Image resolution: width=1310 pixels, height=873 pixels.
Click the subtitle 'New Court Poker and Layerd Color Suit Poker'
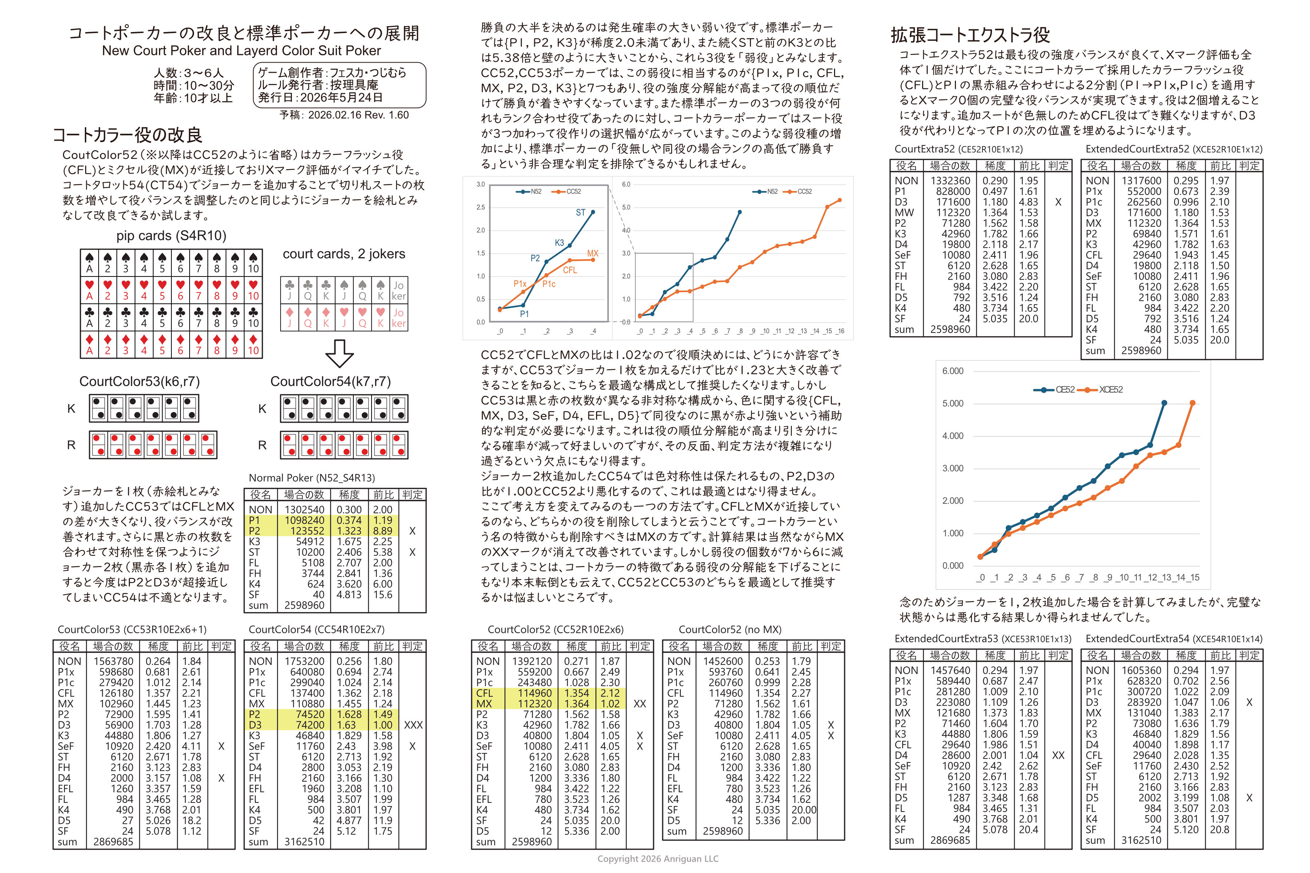point(241,51)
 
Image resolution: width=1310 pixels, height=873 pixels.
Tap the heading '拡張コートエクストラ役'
point(970,35)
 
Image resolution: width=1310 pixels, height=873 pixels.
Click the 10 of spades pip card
point(253,263)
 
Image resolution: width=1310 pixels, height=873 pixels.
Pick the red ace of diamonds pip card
point(89,344)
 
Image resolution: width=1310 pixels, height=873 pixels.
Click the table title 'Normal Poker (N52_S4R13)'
point(311,478)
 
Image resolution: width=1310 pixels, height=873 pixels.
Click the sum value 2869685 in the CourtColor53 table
point(113,841)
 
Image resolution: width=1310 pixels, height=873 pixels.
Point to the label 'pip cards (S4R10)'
point(171,235)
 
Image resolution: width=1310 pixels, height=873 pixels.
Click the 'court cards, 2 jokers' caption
point(344,254)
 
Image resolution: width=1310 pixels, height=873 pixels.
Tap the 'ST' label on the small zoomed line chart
point(580,213)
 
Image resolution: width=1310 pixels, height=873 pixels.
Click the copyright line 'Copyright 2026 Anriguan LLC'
point(658,858)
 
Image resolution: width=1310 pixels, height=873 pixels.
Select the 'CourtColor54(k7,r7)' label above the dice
point(330,381)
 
